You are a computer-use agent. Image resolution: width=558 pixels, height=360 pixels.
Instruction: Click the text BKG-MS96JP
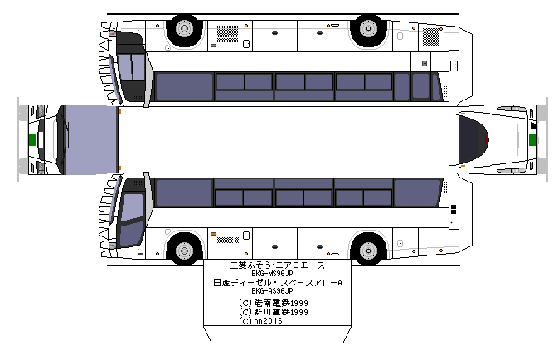(x=278, y=275)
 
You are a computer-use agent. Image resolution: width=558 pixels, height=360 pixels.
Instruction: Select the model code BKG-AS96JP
(x=278, y=291)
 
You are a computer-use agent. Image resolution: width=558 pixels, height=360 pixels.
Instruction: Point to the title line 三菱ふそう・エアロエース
(x=278, y=265)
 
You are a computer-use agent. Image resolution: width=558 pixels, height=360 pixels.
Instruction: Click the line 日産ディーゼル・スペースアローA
(x=278, y=283)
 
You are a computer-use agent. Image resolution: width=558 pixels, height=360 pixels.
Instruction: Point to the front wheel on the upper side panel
(x=183, y=31)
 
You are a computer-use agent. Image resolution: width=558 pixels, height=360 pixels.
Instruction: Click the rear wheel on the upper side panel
(x=366, y=31)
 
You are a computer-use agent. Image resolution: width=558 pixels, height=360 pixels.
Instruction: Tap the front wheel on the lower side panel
(x=183, y=249)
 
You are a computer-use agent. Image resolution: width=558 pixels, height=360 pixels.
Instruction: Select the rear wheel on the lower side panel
(x=366, y=249)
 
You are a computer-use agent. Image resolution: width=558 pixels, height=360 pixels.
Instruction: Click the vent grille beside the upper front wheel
(x=226, y=32)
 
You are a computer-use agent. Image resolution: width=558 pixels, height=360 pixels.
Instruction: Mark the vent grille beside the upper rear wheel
(x=430, y=35)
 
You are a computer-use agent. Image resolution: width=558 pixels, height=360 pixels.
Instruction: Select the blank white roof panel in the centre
(x=282, y=139)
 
